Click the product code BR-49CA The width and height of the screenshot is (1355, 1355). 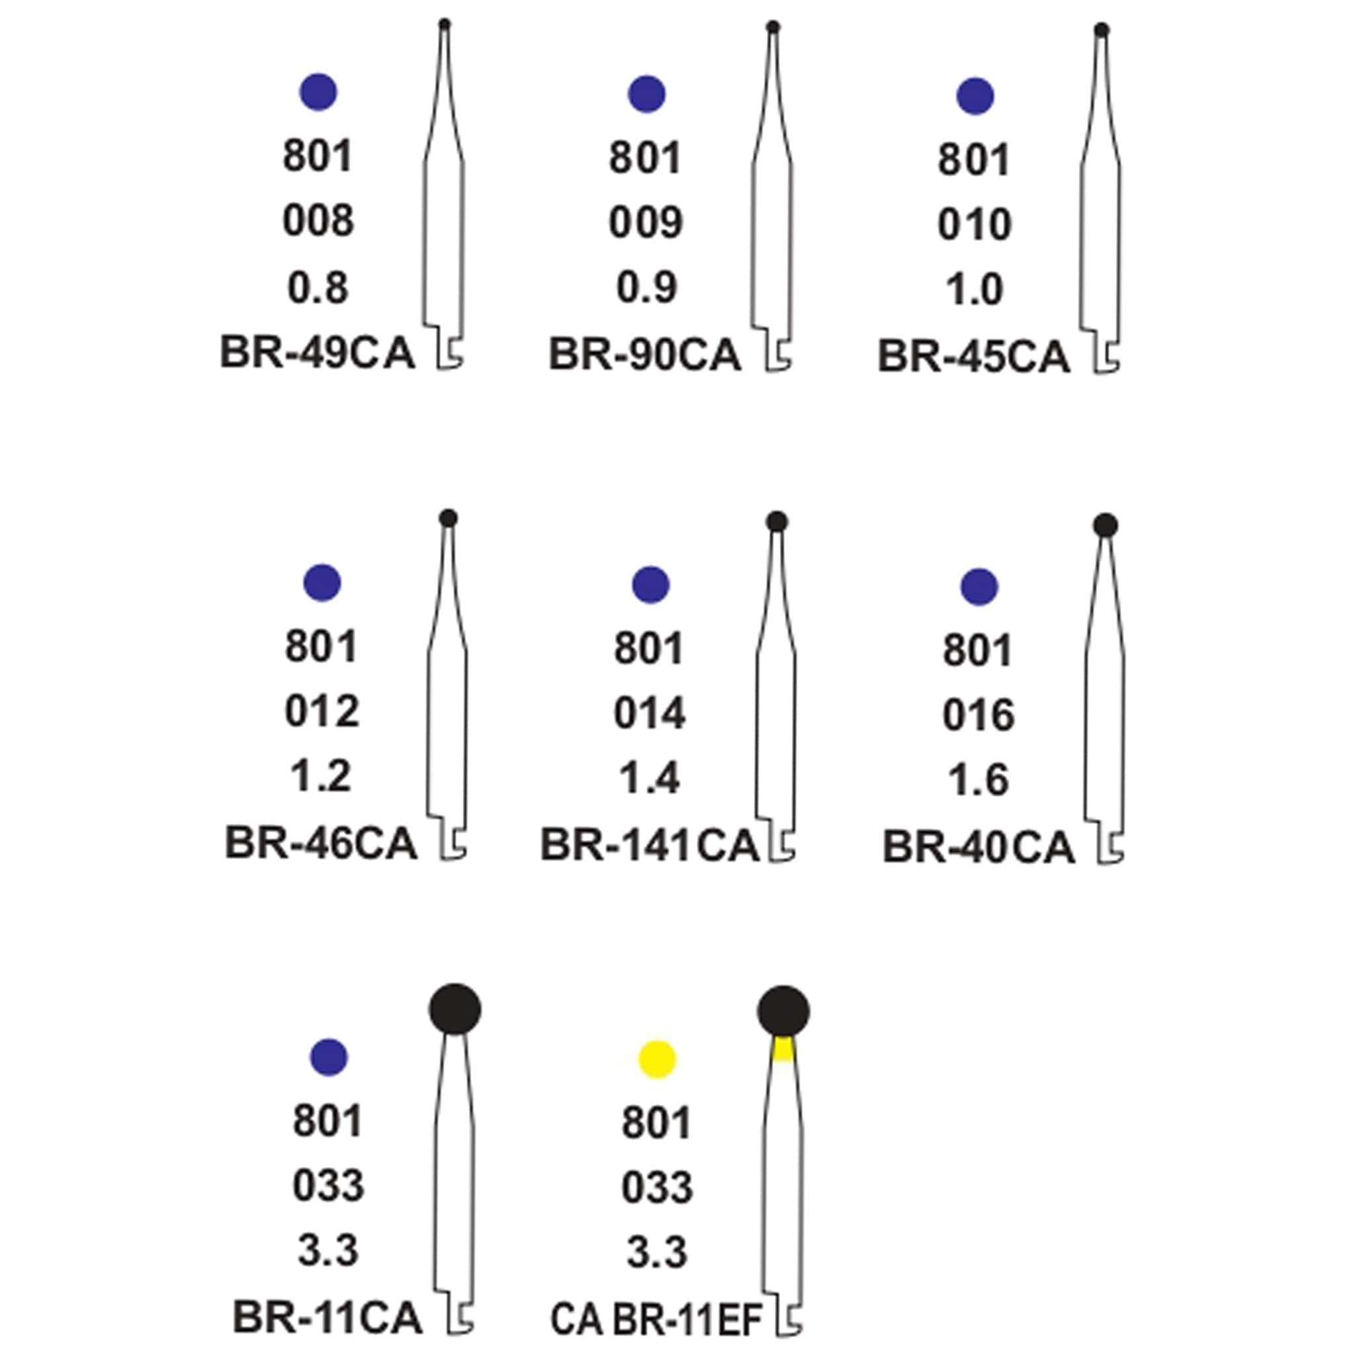click(317, 352)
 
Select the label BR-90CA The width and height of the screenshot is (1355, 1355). click(644, 354)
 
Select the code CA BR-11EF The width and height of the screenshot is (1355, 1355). click(656, 1319)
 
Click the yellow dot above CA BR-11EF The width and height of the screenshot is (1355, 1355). click(657, 1059)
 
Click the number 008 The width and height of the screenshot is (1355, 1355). click(318, 221)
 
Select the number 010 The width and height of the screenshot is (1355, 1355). click(975, 224)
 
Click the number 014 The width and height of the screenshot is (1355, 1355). click(650, 714)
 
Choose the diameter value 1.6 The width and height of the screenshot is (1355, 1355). click(979, 781)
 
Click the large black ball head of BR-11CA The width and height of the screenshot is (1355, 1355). click(455, 1008)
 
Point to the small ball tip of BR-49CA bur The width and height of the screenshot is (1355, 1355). click(444, 24)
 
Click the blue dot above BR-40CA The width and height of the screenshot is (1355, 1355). click(979, 586)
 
